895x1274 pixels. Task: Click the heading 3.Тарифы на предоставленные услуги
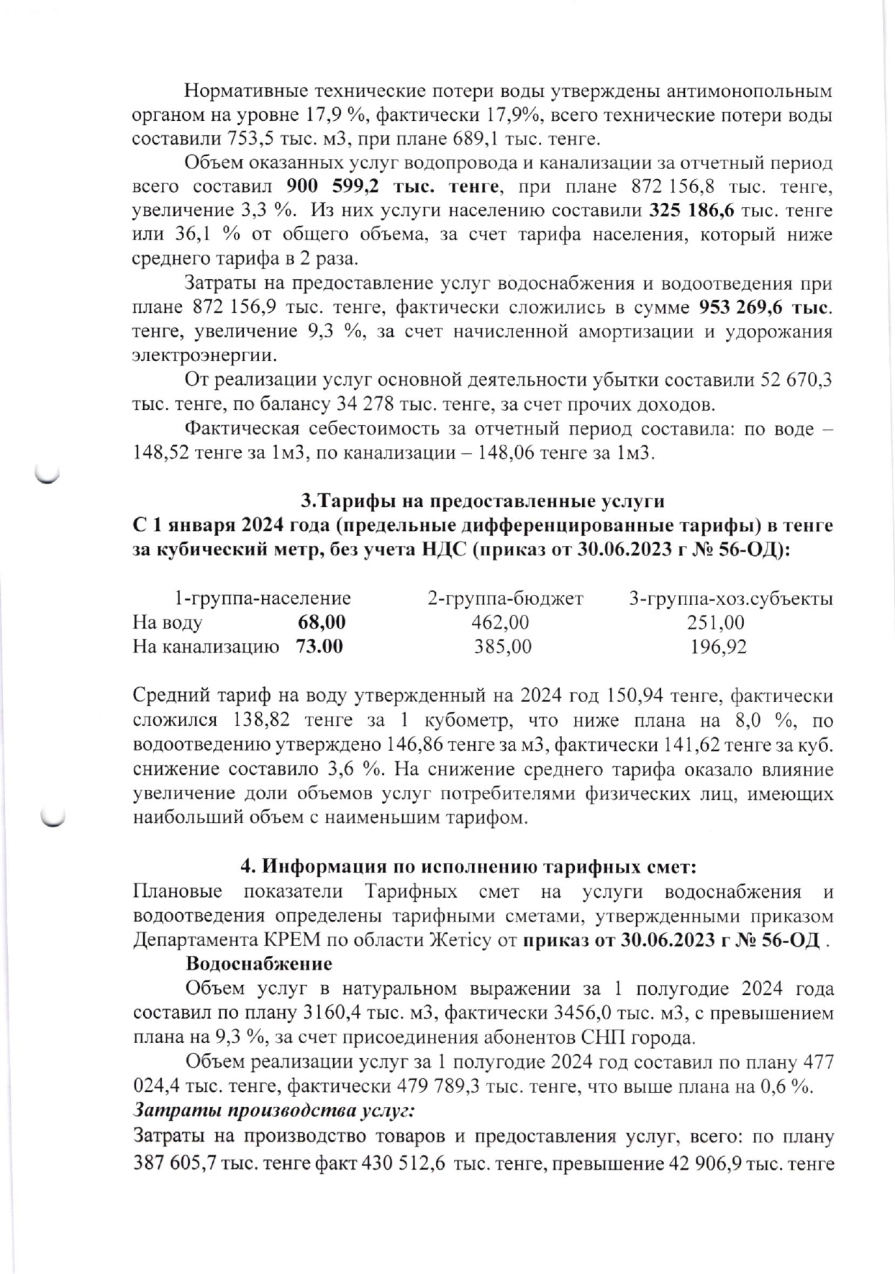pyautogui.click(x=482, y=501)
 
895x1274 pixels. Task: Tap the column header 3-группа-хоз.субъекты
pyautogui.click(x=731, y=599)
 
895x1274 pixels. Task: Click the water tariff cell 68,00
pyautogui.click(x=322, y=622)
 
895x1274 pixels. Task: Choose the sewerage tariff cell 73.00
pyautogui.click(x=319, y=647)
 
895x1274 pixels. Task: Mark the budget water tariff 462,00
pyautogui.click(x=500, y=622)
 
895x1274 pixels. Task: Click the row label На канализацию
pyautogui.click(x=206, y=647)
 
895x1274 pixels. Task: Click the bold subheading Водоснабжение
pyautogui.click(x=259, y=964)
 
